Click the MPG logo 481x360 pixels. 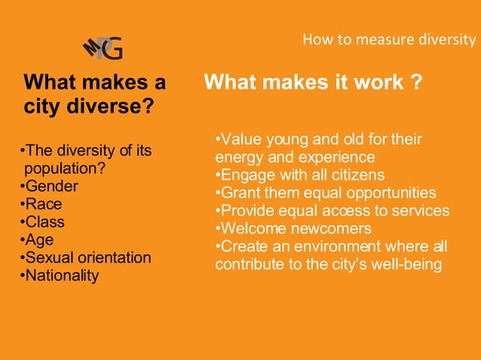[102, 47]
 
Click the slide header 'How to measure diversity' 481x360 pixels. [389, 39]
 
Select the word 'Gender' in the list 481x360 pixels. [51, 186]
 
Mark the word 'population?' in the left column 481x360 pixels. [64, 168]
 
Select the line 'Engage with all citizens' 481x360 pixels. [299, 175]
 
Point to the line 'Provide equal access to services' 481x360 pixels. [332, 211]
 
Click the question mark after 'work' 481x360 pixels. [416, 81]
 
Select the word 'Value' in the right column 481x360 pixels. [239, 140]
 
